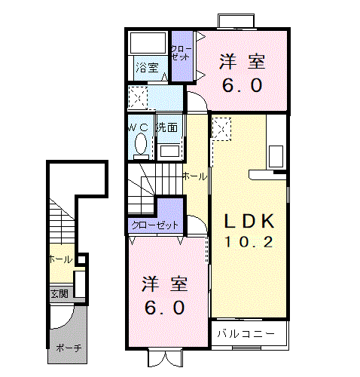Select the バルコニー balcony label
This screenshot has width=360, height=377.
pyautogui.click(x=241, y=333)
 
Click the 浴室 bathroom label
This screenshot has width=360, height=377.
pyautogui.click(x=147, y=68)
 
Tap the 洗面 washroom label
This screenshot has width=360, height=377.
pyautogui.click(x=166, y=127)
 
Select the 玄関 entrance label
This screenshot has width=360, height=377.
pyautogui.click(x=59, y=293)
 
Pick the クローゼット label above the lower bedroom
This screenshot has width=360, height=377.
pyautogui.click(x=155, y=225)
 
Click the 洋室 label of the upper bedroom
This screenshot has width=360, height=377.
pyautogui.click(x=243, y=62)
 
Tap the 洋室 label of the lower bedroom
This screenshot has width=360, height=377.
pyautogui.click(x=165, y=285)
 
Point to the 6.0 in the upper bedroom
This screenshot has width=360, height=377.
pyautogui.click(x=243, y=85)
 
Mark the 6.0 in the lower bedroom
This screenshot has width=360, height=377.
pyautogui.click(x=165, y=308)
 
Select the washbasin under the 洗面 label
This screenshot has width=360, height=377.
pyautogui.click(x=169, y=149)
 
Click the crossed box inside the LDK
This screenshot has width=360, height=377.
pyautogui.click(x=221, y=129)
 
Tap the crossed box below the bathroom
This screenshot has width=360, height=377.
pyautogui.click(x=137, y=97)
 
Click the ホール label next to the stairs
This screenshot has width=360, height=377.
pyautogui.click(x=194, y=176)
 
